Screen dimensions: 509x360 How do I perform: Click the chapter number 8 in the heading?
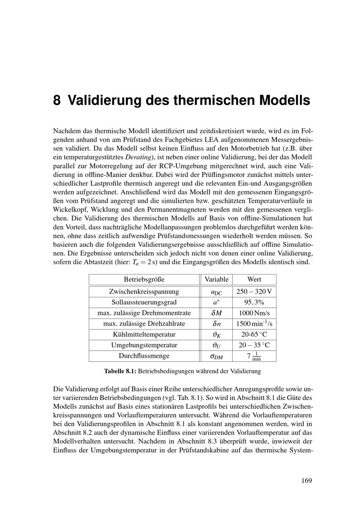point(57,100)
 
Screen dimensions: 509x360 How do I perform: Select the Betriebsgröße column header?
point(144,280)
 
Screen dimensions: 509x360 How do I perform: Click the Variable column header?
point(216,280)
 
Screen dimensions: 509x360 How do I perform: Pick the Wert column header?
point(254,280)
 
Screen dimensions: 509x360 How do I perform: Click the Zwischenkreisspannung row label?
point(144,292)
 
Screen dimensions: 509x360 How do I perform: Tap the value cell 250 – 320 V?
point(254,292)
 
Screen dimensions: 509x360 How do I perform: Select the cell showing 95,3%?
point(254,302)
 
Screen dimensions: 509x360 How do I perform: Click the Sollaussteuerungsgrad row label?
point(144,302)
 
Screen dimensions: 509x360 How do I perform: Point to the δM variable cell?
point(216,313)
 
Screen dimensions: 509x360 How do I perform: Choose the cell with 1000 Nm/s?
point(254,313)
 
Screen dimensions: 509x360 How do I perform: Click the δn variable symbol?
point(216,324)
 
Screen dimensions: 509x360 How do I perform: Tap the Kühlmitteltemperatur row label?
point(144,335)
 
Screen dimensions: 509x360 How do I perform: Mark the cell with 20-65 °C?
point(254,335)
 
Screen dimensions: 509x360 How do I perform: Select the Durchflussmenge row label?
point(144,356)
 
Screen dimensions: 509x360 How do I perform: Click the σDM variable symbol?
point(216,356)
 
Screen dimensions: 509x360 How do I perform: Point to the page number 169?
point(307,481)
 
